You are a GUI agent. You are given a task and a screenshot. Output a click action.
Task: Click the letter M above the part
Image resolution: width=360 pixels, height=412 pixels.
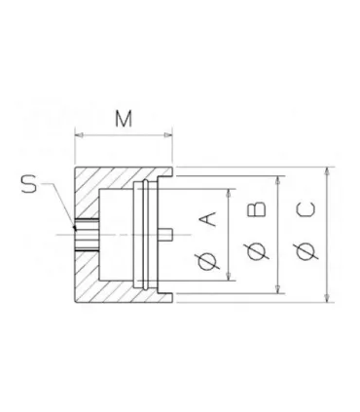click(x=124, y=119)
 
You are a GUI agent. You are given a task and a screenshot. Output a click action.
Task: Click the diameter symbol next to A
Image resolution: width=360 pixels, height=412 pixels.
click(x=207, y=261)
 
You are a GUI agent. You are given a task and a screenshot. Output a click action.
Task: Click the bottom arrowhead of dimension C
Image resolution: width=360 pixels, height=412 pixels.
click(x=327, y=301)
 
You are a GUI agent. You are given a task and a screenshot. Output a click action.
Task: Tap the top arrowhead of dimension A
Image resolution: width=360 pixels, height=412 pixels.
click(x=231, y=193)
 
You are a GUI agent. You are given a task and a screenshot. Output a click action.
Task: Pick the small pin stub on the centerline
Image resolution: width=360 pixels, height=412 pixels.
click(x=167, y=235)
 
